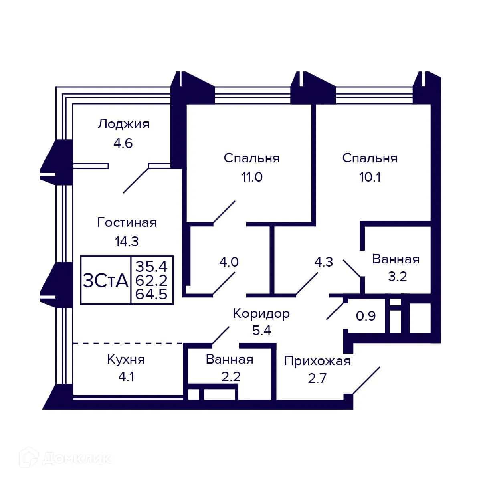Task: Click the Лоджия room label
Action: pyautogui.click(x=123, y=124)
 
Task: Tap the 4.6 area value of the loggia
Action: pyautogui.click(x=123, y=143)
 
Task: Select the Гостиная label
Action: pyautogui.click(x=127, y=222)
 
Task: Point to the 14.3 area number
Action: pyautogui.click(x=127, y=241)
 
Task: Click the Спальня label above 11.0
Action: pyautogui.click(x=251, y=158)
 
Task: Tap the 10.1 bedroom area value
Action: pyautogui.click(x=370, y=177)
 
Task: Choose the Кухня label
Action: pyautogui.click(x=126, y=359)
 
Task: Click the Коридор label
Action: pyautogui.click(x=261, y=313)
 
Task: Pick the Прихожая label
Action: pyautogui.click(x=317, y=361)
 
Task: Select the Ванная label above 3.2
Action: pyautogui.click(x=396, y=259)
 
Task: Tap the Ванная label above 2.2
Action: pyautogui.click(x=229, y=359)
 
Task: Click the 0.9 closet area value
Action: pyautogui.click(x=366, y=316)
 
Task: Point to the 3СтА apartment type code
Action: pyautogui.click(x=105, y=280)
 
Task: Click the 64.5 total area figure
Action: pyautogui.click(x=151, y=295)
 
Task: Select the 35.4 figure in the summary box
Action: pyautogui.click(x=151, y=266)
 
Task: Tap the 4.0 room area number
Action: pyautogui.click(x=229, y=262)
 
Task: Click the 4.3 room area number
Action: pyautogui.click(x=323, y=262)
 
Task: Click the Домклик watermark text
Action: pyautogui.click(x=76, y=459)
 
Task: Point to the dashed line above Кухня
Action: pyautogui.click(x=127, y=343)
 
